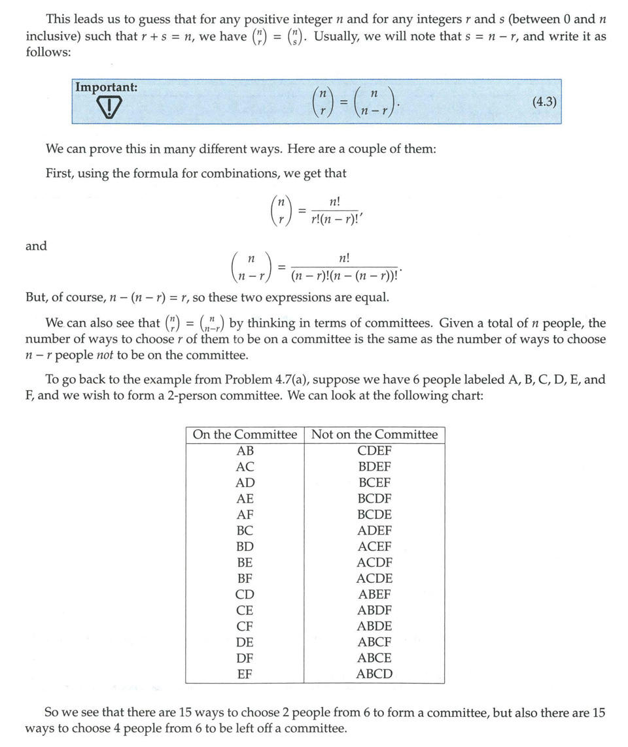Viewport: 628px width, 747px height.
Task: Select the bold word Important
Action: pos(106,87)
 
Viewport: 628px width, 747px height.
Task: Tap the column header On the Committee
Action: pos(245,435)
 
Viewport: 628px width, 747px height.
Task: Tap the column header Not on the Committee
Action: pos(374,435)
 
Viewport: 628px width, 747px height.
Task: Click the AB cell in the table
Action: pos(245,451)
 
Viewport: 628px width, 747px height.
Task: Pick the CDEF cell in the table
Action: pos(374,451)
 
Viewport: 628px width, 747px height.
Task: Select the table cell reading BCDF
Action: pos(374,499)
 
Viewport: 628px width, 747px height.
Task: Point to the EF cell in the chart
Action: pos(245,674)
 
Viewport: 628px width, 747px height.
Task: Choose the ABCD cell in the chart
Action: pos(374,674)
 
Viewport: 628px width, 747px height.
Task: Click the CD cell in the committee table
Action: pos(245,594)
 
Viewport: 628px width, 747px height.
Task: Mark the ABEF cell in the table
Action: pos(374,594)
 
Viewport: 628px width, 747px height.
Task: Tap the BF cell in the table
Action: pos(245,578)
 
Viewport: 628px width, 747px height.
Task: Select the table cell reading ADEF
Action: pos(374,531)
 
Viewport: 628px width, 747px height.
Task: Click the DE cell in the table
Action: pos(245,642)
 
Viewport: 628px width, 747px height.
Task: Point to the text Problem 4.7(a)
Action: pos(264,380)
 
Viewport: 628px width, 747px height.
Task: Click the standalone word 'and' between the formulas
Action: pos(36,246)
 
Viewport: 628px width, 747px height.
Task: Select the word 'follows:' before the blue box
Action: pos(48,51)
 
